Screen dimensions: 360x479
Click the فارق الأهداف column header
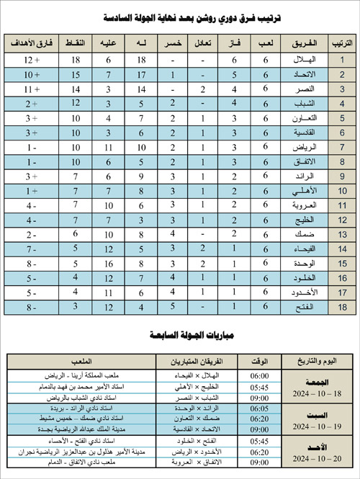click(x=30, y=44)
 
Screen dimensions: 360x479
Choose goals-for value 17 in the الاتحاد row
click(x=141, y=75)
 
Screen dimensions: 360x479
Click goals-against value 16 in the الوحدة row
click(x=108, y=264)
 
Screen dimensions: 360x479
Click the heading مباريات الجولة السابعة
click(x=180, y=335)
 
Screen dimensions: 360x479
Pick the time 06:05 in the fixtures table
click(x=239, y=407)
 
